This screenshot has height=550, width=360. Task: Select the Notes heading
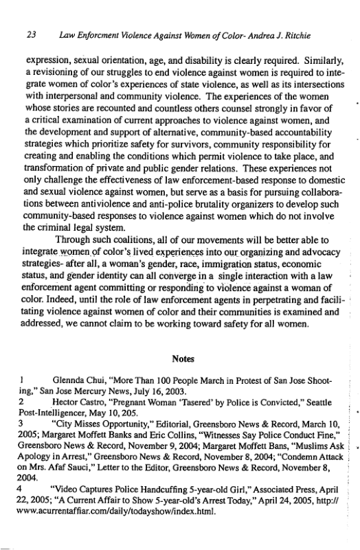[x=181, y=358]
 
